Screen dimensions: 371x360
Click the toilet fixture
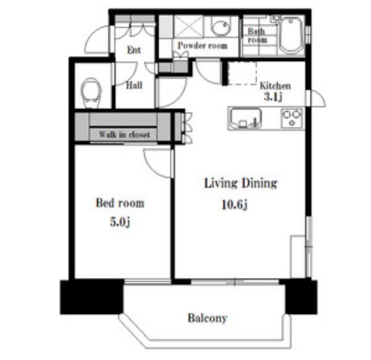click(x=91, y=93)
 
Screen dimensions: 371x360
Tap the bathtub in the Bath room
click(x=291, y=35)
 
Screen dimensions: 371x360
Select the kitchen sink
click(x=246, y=118)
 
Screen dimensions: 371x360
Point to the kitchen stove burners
click(x=292, y=118)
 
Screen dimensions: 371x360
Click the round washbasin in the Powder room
click(x=221, y=26)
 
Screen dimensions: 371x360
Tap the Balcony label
click(x=207, y=318)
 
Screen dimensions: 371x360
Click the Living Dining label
click(x=240, y=183)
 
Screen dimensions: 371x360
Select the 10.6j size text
click(x=234, y=205)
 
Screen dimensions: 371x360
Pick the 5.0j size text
click(x=120, y=222)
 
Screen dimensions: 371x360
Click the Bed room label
click(x=120, y=203)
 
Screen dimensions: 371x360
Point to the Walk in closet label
click(x=124, y=135)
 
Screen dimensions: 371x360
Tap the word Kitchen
click(x=275, y=86)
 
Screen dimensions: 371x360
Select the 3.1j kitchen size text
click(x=273, y=97)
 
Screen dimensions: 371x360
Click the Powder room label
click(x=203, y=45)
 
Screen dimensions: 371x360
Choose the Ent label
click(x=134, y=50)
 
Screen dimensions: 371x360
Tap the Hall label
click(x=134, y=85)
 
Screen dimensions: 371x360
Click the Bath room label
click(x=257, y=35)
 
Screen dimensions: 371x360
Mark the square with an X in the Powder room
click(x=188, y=27)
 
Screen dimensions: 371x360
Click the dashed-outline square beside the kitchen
click(x=242, y=73)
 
